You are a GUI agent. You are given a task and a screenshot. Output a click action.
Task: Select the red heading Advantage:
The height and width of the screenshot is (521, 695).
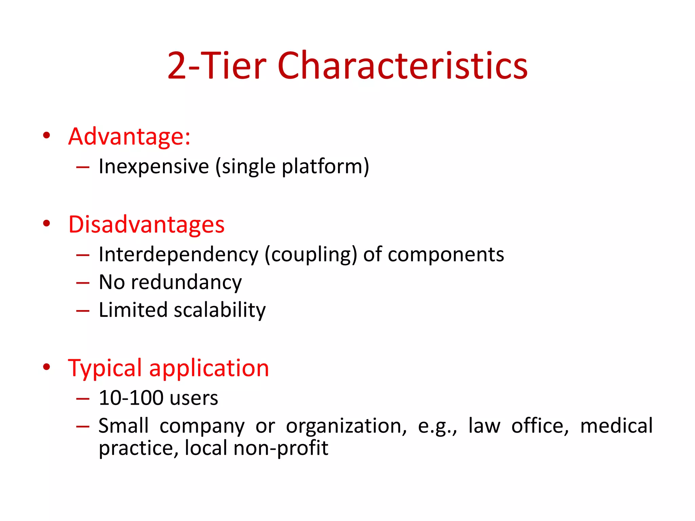(129, 136)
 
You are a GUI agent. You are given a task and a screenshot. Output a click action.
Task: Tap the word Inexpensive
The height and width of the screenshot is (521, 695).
(154, 167)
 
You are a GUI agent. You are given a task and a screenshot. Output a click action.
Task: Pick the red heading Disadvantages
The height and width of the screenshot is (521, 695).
(146, 225)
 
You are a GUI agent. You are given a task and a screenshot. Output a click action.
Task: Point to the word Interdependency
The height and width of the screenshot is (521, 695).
(179, 254)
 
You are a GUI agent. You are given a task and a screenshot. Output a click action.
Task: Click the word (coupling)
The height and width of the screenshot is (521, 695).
(311, 254)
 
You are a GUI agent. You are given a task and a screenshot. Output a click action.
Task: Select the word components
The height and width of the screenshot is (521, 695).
(446, 254)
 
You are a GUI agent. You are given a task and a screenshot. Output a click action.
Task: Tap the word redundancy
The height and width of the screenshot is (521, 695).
(186, 282)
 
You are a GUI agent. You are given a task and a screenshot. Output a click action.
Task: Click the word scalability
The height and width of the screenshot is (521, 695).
(220, 310)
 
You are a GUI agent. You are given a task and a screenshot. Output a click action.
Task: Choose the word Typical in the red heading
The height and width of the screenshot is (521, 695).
(105, 368)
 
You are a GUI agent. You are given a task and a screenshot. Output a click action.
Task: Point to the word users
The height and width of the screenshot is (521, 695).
(194, 398)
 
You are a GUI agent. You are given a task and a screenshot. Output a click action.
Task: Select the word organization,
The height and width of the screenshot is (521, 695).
(346, 426)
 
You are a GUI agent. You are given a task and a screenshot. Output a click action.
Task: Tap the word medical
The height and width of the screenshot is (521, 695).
(616, 426)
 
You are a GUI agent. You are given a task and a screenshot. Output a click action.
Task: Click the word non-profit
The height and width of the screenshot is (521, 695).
(281, 448)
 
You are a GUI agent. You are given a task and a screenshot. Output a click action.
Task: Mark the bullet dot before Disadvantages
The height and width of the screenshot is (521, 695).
(46, 224)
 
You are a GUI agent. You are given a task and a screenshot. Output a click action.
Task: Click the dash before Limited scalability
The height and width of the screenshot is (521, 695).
(83, 310)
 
